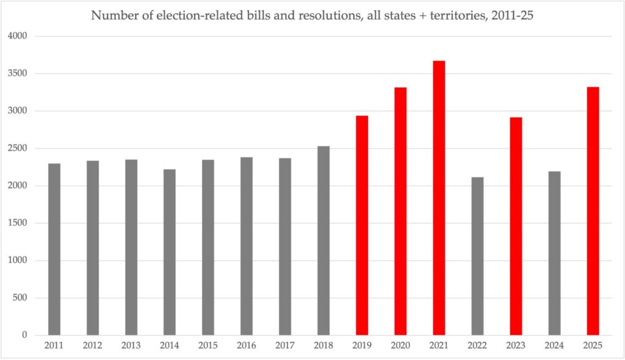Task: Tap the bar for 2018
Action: click(x=323, y=240)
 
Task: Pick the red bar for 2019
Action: click(x=362, y=225)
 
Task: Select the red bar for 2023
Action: click(x=516, y=226)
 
